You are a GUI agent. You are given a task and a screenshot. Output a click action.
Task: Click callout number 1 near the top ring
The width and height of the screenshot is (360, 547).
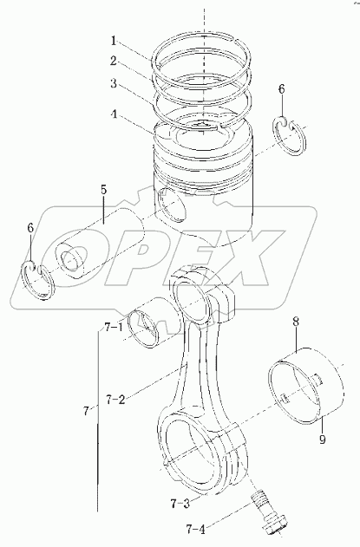(114, 41)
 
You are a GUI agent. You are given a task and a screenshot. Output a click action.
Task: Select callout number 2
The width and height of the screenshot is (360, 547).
(113, 62)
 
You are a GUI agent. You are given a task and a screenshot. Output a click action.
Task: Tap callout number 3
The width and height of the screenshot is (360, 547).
(113, 84)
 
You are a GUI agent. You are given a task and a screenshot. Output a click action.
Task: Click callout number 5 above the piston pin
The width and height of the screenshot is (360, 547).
(104, 190)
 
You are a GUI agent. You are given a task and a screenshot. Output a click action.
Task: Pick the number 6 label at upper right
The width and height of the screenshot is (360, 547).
(281, 89)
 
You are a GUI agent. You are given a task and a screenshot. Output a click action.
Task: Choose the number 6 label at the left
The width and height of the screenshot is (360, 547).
(30, 229)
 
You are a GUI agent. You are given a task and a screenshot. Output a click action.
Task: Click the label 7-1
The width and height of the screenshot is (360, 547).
(113, 329)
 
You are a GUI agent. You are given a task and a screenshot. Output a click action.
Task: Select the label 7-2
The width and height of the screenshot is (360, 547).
(115, 400)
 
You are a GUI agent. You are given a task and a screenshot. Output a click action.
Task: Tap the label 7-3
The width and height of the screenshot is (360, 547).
(180, 504)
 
